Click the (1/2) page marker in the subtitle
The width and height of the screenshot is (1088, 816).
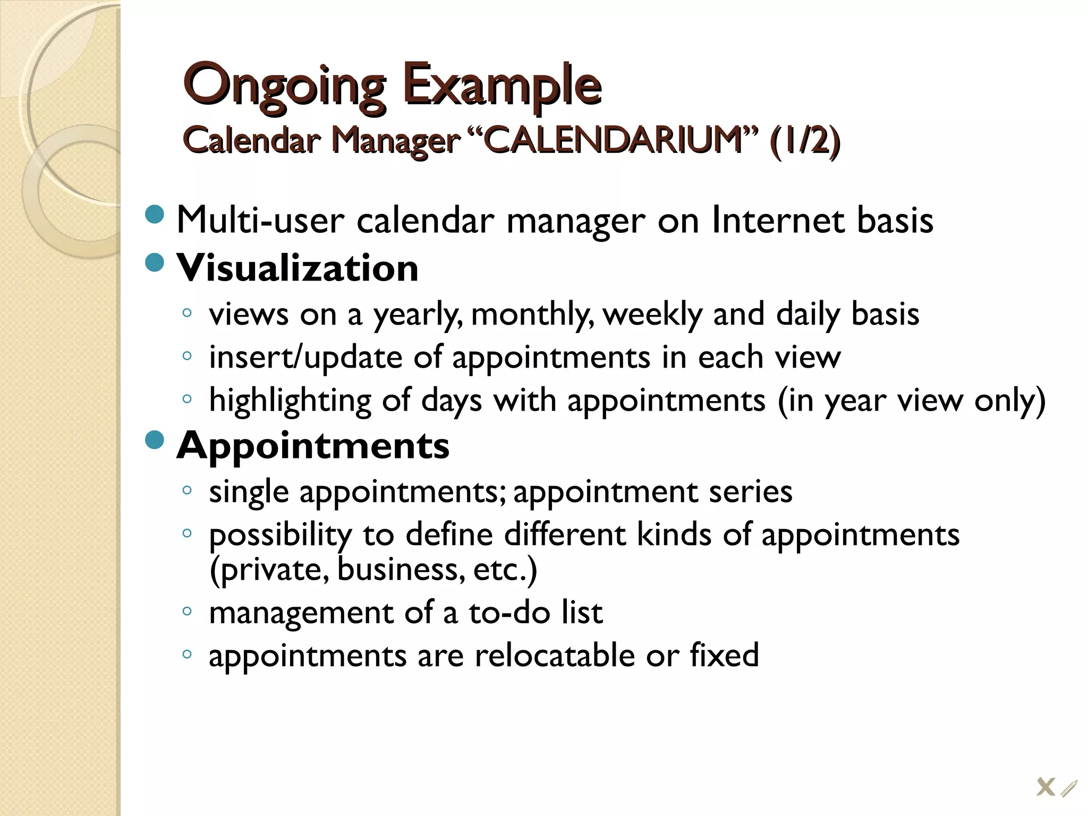[x=804, y=141]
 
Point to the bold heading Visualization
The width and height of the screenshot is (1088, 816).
[x=297, y=268]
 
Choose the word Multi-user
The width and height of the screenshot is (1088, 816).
[x=260, y=220]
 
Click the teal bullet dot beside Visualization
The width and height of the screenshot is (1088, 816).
[x=155, y=262]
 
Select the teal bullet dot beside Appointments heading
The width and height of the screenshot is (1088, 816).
[x=155, y=439]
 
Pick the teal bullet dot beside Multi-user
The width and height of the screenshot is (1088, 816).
[x=155, y=214]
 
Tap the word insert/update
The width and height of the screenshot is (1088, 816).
[x=305, y=357]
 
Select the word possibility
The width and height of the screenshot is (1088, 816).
[x=280, y=535]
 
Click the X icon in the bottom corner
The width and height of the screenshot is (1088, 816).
[x=1045, y=787]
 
